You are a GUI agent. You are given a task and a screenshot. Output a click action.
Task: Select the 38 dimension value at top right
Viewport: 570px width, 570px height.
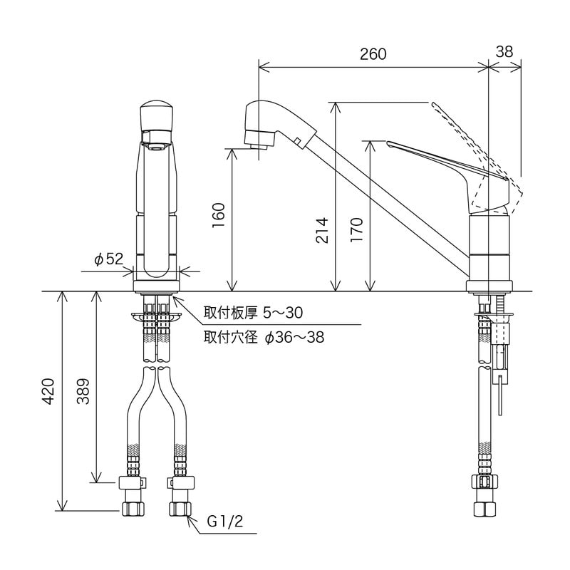click(504, 52)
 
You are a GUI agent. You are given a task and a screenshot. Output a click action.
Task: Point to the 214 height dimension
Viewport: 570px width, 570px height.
click(322, 229)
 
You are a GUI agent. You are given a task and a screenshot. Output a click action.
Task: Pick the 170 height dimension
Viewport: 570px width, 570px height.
click(358, 229)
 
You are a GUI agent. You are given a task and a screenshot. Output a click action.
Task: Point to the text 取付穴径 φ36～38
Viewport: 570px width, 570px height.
click(264, 337)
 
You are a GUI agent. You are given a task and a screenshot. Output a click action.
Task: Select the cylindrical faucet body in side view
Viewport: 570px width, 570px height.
click(489, 249)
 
